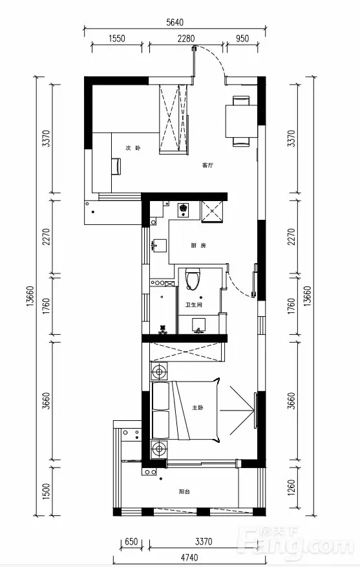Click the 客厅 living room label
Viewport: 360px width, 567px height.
click(207, 166)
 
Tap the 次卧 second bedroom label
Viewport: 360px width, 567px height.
click(133, 148)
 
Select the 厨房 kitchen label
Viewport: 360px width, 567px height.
click(198, 246)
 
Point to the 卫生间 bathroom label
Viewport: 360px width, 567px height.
click(194, 305)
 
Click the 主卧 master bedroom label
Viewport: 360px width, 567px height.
click(197, 408)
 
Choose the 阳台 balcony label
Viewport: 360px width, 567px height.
click(184, 492)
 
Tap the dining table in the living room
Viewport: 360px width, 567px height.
click(241, 121)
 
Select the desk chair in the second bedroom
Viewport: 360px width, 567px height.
click(117, 166)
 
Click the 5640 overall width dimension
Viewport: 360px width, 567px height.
click(175, 23)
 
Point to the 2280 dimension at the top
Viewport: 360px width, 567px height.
click(186, 38)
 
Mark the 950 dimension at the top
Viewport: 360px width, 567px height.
click(242, 38)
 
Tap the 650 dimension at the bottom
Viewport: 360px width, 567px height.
click(131, 542)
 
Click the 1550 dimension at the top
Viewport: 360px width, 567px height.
click(117, 38)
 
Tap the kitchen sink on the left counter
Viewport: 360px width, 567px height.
click(160, 245)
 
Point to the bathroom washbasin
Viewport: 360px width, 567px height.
click(198, 325)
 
